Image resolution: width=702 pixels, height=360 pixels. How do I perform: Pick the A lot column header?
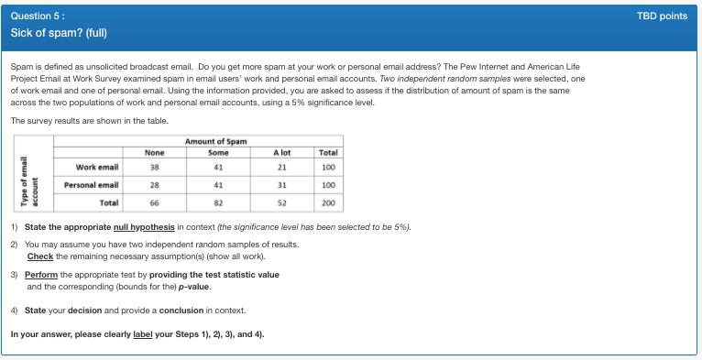point(281,152)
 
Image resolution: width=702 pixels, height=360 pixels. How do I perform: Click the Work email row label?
point(97,168)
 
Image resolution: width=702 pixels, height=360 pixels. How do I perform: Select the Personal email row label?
point(92,185)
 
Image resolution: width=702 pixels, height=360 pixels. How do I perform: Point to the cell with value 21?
point(281,168)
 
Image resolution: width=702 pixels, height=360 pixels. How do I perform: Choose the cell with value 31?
point(281,185)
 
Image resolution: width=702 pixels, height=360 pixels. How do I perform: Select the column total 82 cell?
point(218,202)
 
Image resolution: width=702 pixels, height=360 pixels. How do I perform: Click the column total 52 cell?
point(281,202)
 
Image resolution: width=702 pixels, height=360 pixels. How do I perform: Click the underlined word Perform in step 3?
point(42,275)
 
